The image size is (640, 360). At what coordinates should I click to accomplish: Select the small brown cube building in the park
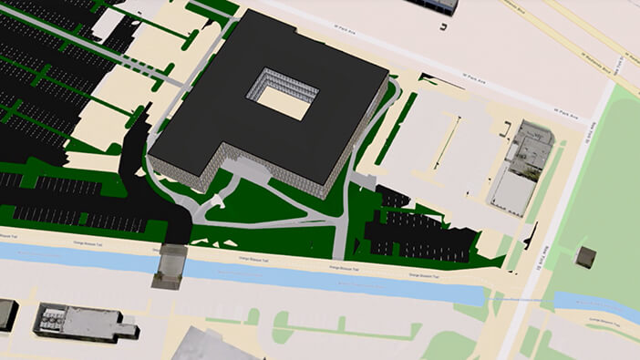coord(585,257)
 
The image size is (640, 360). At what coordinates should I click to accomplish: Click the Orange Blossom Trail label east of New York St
coord(604,321)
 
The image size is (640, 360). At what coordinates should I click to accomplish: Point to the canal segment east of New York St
coord(593,308)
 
